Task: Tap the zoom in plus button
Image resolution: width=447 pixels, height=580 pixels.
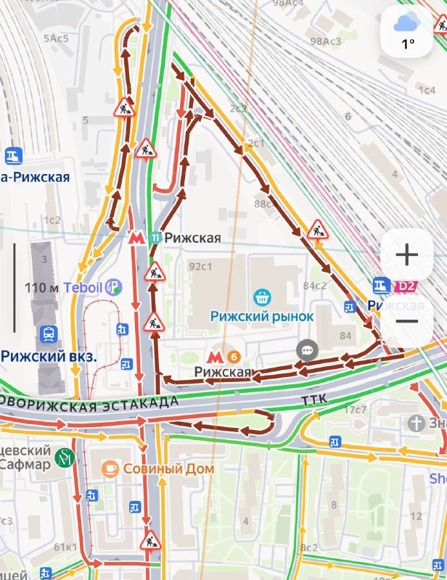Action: click(x=406, y=255)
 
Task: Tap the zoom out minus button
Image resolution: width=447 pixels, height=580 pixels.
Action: click(x=406, y=320)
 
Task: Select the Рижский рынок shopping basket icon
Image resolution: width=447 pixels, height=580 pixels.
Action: click(x=262, y=297)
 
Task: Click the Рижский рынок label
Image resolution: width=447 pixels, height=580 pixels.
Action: click(x=262, y=316)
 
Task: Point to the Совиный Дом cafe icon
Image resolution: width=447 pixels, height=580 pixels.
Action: click(x=110, y=468)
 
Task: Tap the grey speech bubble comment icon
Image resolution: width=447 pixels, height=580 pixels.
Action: click(x=308, y=351)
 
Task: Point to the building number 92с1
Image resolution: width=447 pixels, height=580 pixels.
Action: click(x=200, y=266)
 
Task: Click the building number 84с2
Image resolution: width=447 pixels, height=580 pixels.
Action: click(x=315, y=285)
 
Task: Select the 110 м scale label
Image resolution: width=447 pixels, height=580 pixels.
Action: click(x=41, y=288)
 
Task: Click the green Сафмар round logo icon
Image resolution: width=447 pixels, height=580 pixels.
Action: click(x=66, y=457)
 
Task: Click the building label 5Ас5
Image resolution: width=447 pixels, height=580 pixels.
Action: click(x=56, y=38)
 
